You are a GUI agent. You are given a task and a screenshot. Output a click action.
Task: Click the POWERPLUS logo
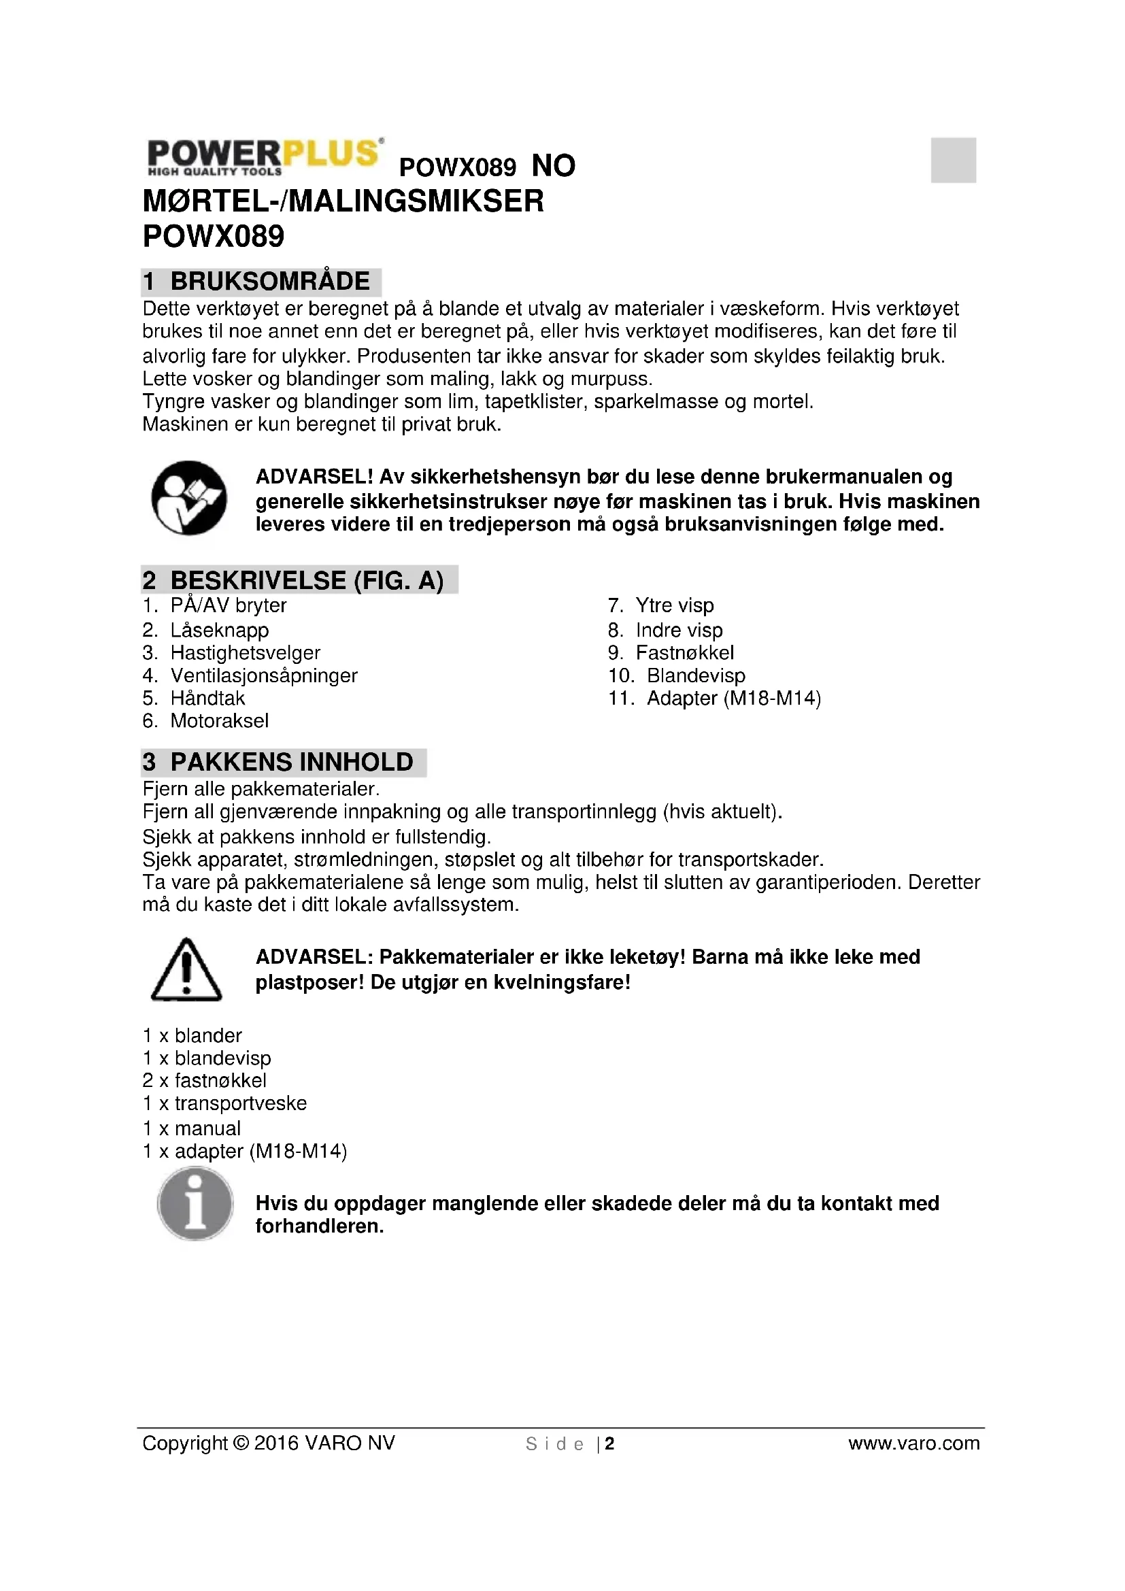pos(264,156)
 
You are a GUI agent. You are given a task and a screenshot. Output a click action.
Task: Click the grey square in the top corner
pos(952,160)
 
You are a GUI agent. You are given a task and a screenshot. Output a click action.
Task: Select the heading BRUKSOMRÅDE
pos(269,282)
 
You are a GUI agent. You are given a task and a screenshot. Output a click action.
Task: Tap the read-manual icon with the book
pos(188,497)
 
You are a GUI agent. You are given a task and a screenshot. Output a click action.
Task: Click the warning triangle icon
pos(186,969)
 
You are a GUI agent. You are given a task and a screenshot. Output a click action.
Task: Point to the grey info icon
pos(195,1203)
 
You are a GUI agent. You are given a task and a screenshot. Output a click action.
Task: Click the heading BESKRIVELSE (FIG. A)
pos(306,580)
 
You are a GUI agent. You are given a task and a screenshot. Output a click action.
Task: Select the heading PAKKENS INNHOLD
pos(291,762)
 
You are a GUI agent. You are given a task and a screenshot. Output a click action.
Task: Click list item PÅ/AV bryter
pos(228,605)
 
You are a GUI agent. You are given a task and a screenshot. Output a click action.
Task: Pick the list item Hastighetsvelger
pos(246,653)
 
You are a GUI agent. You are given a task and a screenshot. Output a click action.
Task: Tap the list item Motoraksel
pos(219,720)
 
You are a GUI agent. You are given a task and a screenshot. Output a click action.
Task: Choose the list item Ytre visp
pos(674,605)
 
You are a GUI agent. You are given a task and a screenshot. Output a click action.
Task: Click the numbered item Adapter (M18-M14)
pos(734,698)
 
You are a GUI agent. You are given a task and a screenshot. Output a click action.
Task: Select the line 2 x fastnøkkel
pos(204,1080)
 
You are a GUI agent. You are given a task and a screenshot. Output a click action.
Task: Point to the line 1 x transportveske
pos(224,1103)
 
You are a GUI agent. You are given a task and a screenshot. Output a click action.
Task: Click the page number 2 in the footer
pos(609,1443)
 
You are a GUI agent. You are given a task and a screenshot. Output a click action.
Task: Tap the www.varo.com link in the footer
pos(913,1443)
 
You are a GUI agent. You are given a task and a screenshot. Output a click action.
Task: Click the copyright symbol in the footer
pos(241,1443)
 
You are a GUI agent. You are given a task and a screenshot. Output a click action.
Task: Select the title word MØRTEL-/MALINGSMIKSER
pos(343,201)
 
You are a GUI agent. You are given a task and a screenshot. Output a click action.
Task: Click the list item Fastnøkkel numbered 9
pos(684,653)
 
